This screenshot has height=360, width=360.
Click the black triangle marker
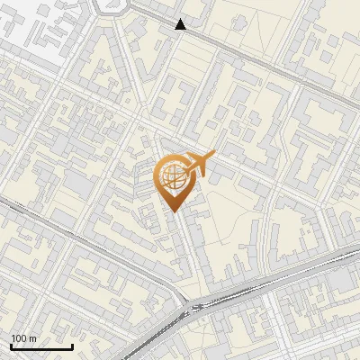(x=181, y=24)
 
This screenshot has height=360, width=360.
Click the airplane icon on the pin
(x=197, y=165)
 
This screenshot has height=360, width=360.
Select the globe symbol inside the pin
(x=175, y=176)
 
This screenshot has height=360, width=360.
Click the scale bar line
(x=41, y=347)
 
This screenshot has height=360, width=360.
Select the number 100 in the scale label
(x=19, y=338)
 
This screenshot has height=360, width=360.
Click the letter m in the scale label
(x=32, y=338)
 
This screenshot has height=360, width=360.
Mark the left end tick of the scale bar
(x=11, y=346)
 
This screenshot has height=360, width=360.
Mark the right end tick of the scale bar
(x=72, y=346)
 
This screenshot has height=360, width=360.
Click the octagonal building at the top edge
(x=109, y=6)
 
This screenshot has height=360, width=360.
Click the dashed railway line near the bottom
(x=270, y=284)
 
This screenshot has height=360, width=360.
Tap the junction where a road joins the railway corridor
(x=193, y=309)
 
